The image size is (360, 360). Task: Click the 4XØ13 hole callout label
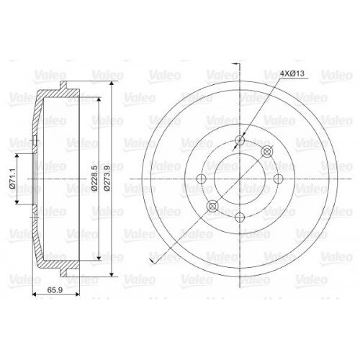[x=292, y=73]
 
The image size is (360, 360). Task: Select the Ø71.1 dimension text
[x=13, y=179]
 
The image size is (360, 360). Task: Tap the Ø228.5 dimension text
[x=94, y=178]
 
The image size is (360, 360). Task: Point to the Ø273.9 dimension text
[x=107, y=178]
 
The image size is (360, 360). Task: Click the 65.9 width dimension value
[x=55, y=290]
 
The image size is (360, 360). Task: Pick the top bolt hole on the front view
[x=240, y=140]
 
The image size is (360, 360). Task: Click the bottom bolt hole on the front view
[x=240, y=217]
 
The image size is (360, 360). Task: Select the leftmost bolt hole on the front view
[x=201, y=179]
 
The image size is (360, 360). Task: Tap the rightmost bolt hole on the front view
[x=279, y=179]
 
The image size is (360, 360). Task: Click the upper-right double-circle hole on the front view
[x=267, y=151]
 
